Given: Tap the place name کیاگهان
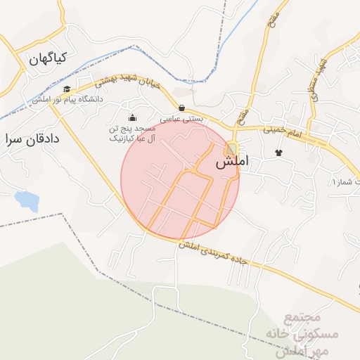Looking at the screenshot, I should (x=47, y=59).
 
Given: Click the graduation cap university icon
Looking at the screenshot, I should (x=67, y=89).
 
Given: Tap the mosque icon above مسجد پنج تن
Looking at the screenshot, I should (x=132, y=117).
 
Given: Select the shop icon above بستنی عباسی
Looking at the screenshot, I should (x=183, y=108).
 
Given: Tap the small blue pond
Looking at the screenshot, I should (x=27, y=201).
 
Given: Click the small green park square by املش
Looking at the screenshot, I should (x=231, y=148).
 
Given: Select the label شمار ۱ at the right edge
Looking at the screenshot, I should (x=345, y=182).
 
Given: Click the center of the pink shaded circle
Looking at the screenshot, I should (x=180, y=179).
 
